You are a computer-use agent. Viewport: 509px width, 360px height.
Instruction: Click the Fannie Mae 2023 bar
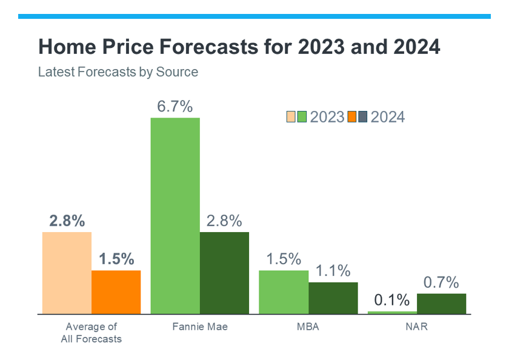click(x=175, y=215)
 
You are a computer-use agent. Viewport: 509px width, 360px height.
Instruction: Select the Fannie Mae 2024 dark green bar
click(x=224, y=273)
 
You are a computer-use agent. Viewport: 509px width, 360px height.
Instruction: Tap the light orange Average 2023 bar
click(x=67, y=273)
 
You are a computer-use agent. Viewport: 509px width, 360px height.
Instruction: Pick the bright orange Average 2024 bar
click(x=116, y=292)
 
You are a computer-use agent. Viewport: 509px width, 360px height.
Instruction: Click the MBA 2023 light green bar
click(x=283, y=292)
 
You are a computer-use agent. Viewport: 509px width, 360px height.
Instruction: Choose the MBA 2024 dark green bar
click(x=333, y=298)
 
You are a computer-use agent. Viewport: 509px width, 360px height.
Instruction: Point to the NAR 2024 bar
click(x=441, y=303)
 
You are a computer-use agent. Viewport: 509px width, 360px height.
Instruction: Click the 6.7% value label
click(x=175, y=107)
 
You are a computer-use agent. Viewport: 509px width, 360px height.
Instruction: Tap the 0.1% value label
click(x=391, y=300)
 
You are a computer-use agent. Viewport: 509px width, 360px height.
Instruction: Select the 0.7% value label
click(x=441, y=282)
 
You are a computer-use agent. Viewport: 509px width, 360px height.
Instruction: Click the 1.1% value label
click(x=333, y=271)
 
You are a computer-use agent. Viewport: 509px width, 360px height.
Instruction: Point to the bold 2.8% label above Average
click(x=67, y=221)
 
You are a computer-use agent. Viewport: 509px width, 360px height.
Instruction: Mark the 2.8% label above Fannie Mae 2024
click(x=224, y=221)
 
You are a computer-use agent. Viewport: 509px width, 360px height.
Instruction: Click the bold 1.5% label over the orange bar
click(x=116, y=259)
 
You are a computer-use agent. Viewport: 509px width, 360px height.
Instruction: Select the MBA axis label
click(x=308, y=327)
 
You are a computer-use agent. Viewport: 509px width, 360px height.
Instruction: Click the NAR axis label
click(x=416, y=327)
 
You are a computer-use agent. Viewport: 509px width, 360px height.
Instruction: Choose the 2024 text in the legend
click(x=387, y=117)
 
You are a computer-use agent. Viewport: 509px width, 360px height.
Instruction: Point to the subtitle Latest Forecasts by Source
click(x=118, y=72)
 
